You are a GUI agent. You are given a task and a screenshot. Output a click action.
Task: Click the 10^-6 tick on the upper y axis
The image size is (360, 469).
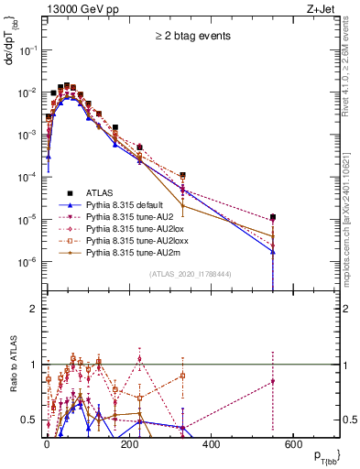point(27,262)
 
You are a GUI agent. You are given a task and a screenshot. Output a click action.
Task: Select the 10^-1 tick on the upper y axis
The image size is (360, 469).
point(27,50)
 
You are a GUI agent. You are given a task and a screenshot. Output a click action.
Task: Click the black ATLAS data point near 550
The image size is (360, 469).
point(273,218)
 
